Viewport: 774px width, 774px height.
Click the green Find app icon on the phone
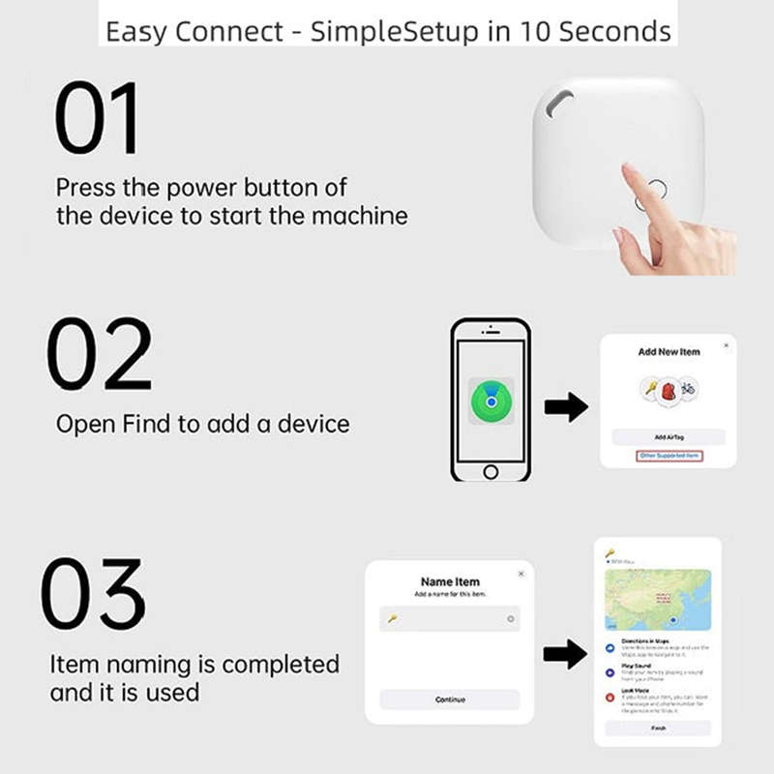pyautogui.click(x=491, y=397)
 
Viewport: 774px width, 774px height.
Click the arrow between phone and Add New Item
pyautogui.click(x=566, y=407)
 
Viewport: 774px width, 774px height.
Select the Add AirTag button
pyautogui.click(x=668, y=437)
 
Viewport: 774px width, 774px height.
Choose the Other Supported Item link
pyautogui.click(x=668, y=456)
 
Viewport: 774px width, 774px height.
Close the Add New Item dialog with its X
pyautogui.click(x=727, y=345)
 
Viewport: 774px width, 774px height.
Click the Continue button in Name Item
pyautogui.click(x=450, y=700)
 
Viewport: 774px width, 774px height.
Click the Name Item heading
pyautogui.click(x=450, y=581)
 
